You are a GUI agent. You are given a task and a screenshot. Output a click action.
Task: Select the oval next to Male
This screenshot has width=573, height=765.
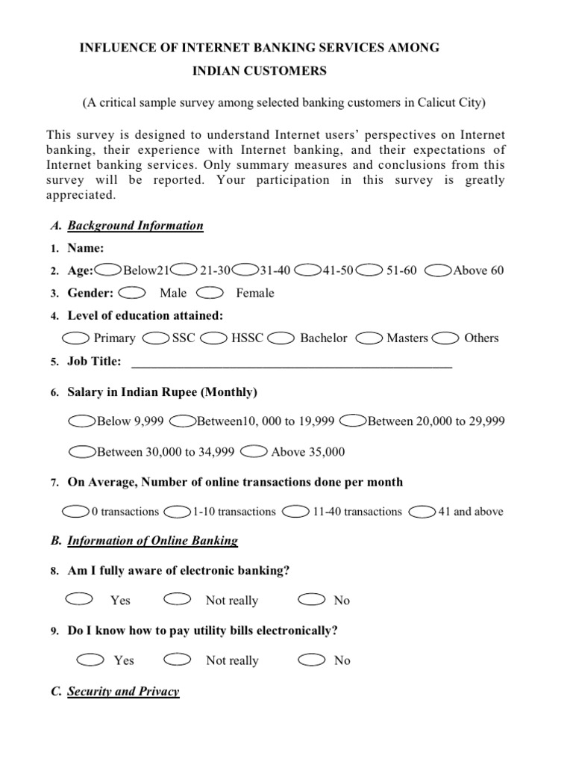pyautogui.click(x=132, y=292)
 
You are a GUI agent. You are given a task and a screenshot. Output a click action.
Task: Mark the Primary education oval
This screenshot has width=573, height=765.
pyautogui.click(x=77, y=338)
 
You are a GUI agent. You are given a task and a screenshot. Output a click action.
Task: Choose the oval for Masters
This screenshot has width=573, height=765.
pyautogui.click(x=370, y=338)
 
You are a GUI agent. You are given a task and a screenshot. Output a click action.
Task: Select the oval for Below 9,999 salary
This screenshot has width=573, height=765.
pyautogui.click(x=82, y=421)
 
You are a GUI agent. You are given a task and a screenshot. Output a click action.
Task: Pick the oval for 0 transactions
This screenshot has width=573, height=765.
pyautogui.click(x=76, y=512)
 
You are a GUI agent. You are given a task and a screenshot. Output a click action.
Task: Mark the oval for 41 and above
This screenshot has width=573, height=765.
pyautogui.click(x=423, y=512)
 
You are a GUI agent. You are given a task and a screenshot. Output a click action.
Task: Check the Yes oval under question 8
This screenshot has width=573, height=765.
pyautogui.click(x=80, y=599)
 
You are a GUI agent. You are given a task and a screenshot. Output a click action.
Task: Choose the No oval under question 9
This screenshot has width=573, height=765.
pyautogui.click(x=311, y=659)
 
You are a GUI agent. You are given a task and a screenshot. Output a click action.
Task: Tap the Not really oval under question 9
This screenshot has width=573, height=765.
pyautogui.click(x=177, y=659)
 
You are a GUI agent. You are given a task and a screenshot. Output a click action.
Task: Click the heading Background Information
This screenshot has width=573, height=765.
pyautogui.click(x=135, y=226)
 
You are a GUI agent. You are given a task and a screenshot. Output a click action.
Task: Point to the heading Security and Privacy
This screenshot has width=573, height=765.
pyautogui.click(x=123, y=691)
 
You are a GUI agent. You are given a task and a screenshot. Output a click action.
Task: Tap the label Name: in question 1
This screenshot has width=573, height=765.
pyautogui.click(x=86, y=248)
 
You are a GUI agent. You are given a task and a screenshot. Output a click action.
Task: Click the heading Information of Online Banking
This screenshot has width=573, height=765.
pyautogui.click(x=152, y=541)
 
